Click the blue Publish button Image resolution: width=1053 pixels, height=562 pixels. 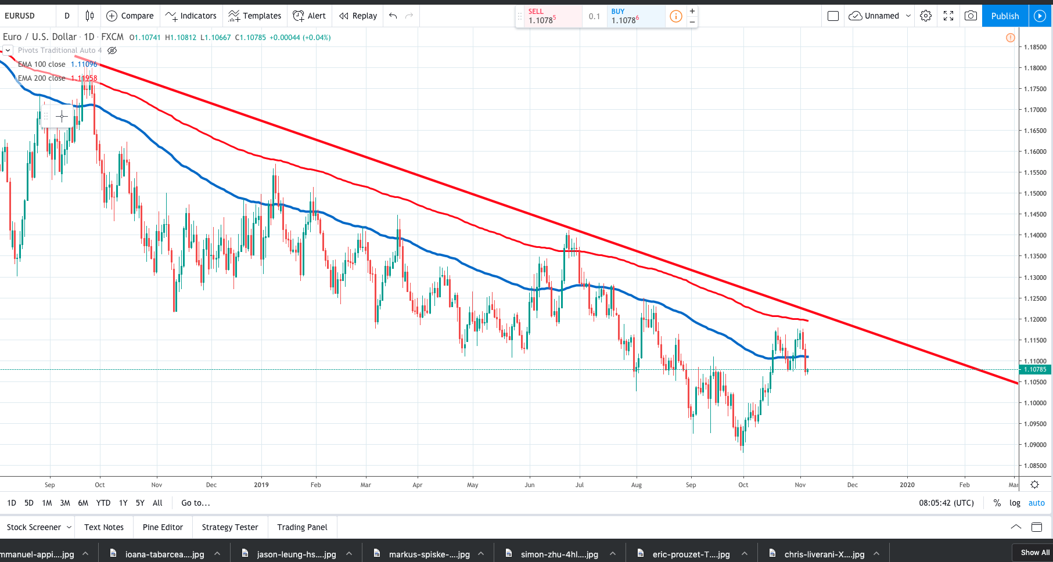(x=1005, y=16)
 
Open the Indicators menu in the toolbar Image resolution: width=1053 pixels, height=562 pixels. (x=191, y=16)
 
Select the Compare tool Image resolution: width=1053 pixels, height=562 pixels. (x=130, y=16)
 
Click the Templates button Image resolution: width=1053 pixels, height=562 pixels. (x=255, y=16)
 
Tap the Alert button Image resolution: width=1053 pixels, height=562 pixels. (x=310, y=16)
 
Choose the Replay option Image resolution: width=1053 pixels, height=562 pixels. (x=358, y=16)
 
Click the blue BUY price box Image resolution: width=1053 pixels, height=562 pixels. (x=636, y=16)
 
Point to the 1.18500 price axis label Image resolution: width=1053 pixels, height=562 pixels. (x=1035, y=47)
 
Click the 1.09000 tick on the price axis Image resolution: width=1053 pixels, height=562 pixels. (x=1035, y=445)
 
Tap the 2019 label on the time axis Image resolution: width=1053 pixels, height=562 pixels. (x=261, y=485)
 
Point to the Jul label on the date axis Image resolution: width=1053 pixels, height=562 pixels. (x=580, y=485)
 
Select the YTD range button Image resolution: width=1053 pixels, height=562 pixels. (x=103, y=503)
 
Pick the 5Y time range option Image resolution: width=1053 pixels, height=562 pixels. (x=140, y=503)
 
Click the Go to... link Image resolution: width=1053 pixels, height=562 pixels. (x=196, y=503)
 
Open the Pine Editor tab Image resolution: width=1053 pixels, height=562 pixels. (x=163, y=527)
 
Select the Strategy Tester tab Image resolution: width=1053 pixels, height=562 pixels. (x=230, y=527)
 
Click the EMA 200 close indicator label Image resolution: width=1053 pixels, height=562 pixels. (x=42, y=78)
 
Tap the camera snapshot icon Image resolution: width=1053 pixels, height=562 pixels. (x=971, y=16)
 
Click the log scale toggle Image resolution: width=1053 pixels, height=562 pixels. (x=1015, y=503)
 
